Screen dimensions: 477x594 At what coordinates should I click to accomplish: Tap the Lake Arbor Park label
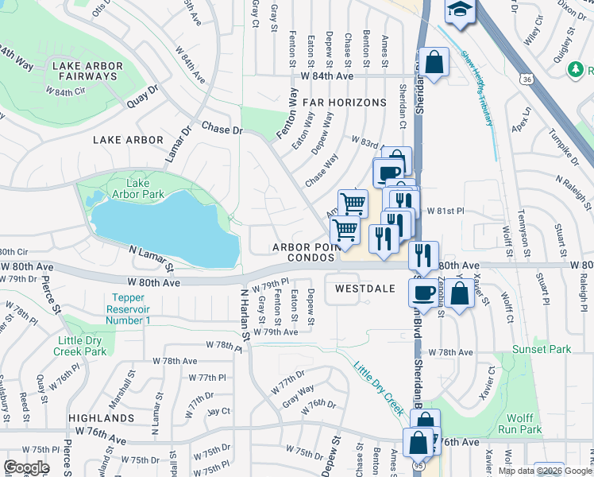point(137,188)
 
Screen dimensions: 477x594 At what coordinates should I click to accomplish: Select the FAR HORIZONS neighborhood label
point(344,103)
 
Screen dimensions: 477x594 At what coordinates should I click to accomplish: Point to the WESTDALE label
point(365,289)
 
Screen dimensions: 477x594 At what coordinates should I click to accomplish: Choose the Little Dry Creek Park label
point(81,346)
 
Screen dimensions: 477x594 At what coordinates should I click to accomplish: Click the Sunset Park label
point(548,349)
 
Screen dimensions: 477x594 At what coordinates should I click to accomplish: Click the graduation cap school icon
point(460,10)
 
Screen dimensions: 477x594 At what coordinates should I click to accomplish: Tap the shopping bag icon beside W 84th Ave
point(435,62)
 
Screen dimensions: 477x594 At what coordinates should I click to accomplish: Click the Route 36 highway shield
point(526,79)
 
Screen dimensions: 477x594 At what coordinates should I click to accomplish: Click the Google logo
point(26,467)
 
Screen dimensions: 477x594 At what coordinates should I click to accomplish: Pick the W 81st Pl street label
point(445,211)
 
